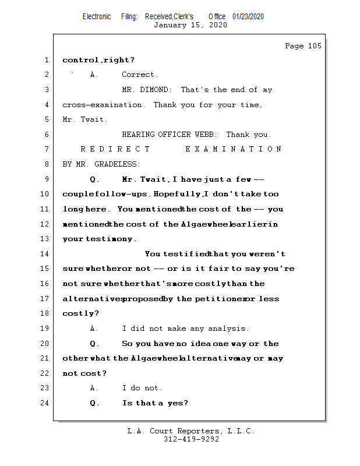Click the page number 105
[315, 46]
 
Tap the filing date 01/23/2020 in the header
[248, 17]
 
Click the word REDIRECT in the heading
[115, 149]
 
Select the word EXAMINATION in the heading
[234, 149]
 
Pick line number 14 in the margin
[44, 254]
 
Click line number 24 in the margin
[44, 403]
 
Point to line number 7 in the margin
[47, 149]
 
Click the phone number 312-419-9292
[192, 439]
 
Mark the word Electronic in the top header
[97, 17]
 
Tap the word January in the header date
[170, 25]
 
